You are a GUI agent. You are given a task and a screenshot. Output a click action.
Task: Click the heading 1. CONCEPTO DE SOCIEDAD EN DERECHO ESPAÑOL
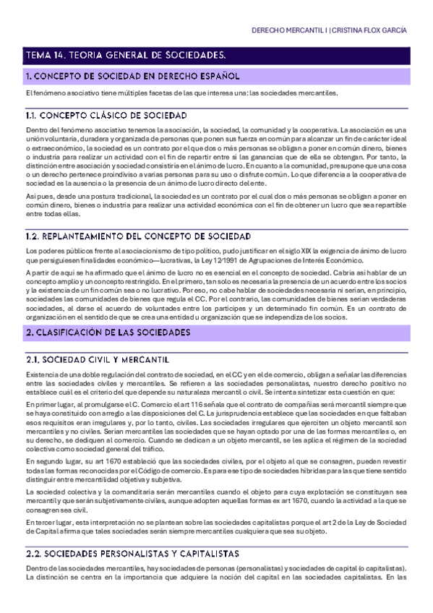point(132,76)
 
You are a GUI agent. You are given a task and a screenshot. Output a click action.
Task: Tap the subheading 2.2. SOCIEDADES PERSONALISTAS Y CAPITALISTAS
point(132,554)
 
